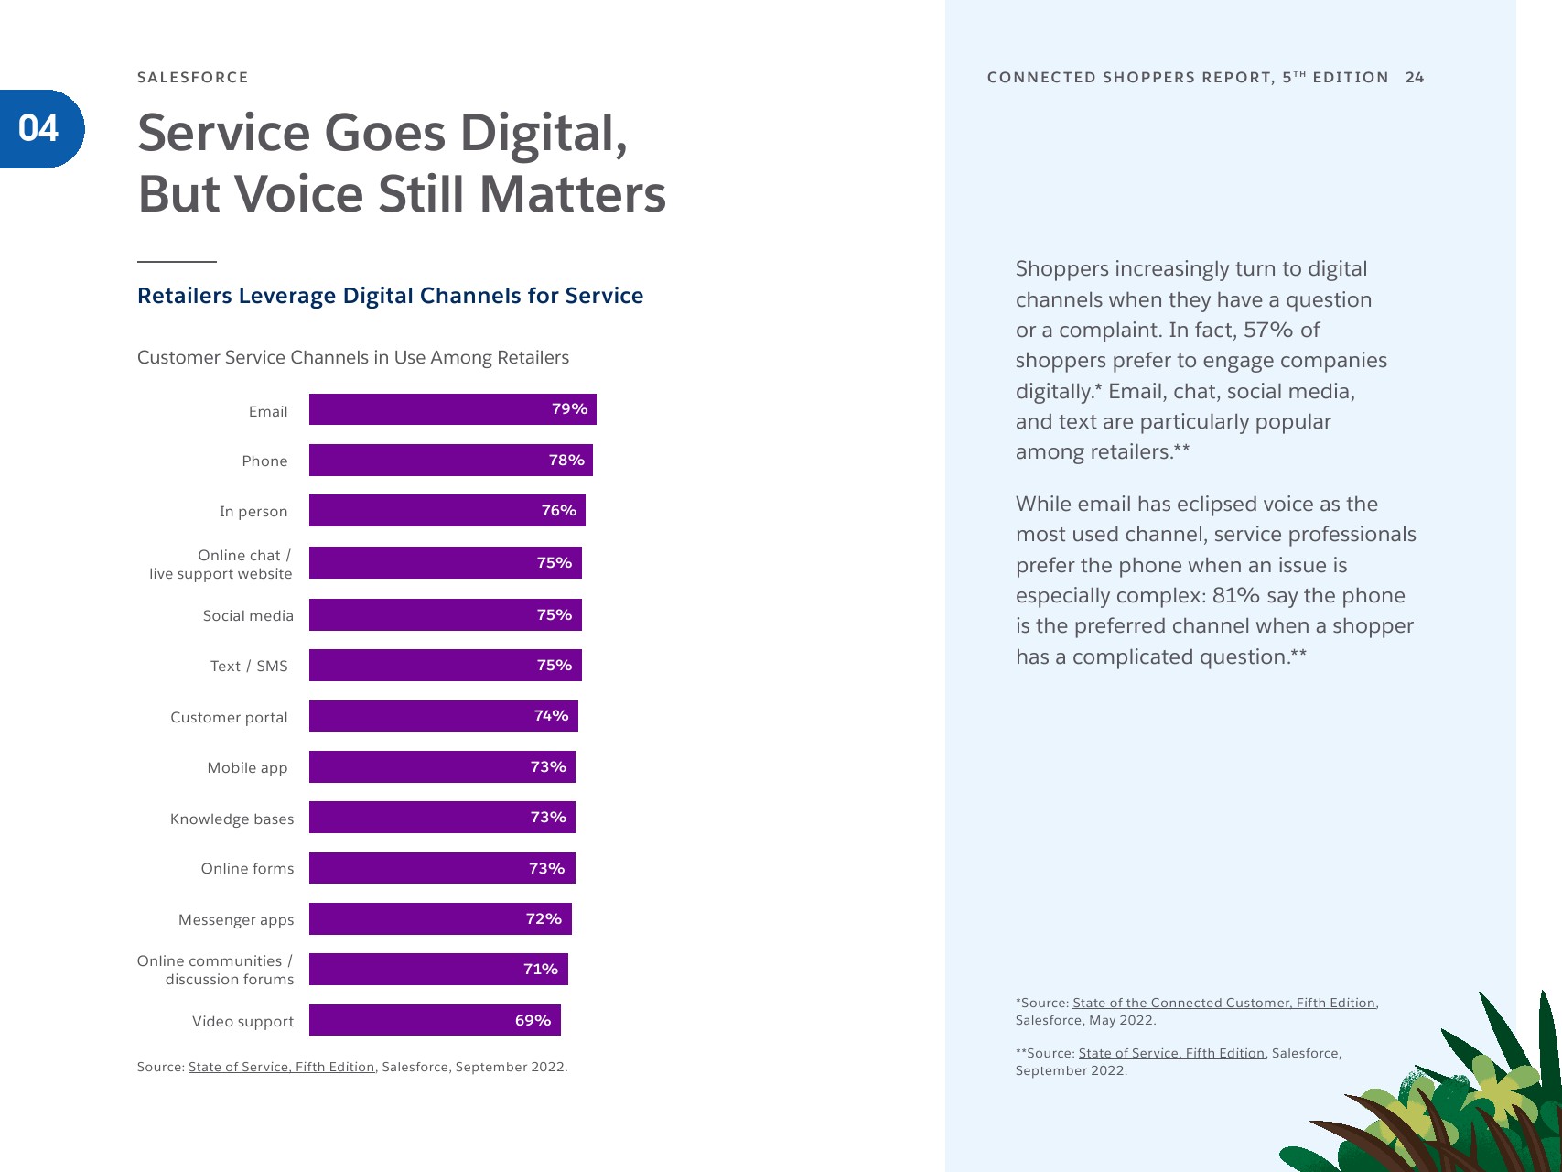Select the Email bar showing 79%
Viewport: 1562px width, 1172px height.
[x=452, y=409]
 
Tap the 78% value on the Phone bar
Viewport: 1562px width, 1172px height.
[x=566, y=461]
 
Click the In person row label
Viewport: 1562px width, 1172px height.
[x=253, y=512]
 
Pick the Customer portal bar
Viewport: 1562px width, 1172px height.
[x=443, y=716]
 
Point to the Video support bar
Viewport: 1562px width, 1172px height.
[x=435, y=1020]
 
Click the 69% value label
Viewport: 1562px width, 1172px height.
[x=533, y=1020]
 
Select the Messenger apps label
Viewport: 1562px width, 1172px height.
[x=236, y=919]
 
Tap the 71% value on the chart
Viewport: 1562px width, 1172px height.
[x=540, y=969]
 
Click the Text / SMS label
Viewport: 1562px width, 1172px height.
[x=249, y=667]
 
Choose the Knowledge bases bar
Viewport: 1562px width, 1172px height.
[x=442, y=818]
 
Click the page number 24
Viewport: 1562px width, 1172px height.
[x=1415, y=78]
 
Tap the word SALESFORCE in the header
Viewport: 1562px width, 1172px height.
[x=193, y=78]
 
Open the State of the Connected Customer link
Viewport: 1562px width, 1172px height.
[x=1224, y=1003]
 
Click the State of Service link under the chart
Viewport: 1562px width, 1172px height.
[x=282, y=1067]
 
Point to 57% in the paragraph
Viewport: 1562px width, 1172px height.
[x=1268, y=330]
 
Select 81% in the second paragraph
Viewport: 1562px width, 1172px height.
[x=1235, y=595]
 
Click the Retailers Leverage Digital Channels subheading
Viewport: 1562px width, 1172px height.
[x=390, y=296]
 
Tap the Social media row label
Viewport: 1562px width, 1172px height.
[x=248, y=616]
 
